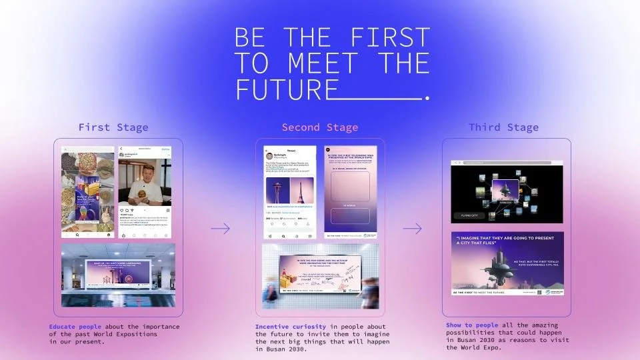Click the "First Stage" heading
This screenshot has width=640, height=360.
pos(113,127)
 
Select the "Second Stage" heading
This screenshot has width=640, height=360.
pos(320,127)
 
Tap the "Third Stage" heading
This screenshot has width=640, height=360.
pos(504,127)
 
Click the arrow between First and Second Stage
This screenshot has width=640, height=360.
pos(220,229)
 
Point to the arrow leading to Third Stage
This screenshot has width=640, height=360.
pos(413,229)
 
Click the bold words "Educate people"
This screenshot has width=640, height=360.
pos(75,327)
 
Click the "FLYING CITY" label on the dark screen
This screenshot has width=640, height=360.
pos(465,215)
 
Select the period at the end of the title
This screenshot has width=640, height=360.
pos(427,99)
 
